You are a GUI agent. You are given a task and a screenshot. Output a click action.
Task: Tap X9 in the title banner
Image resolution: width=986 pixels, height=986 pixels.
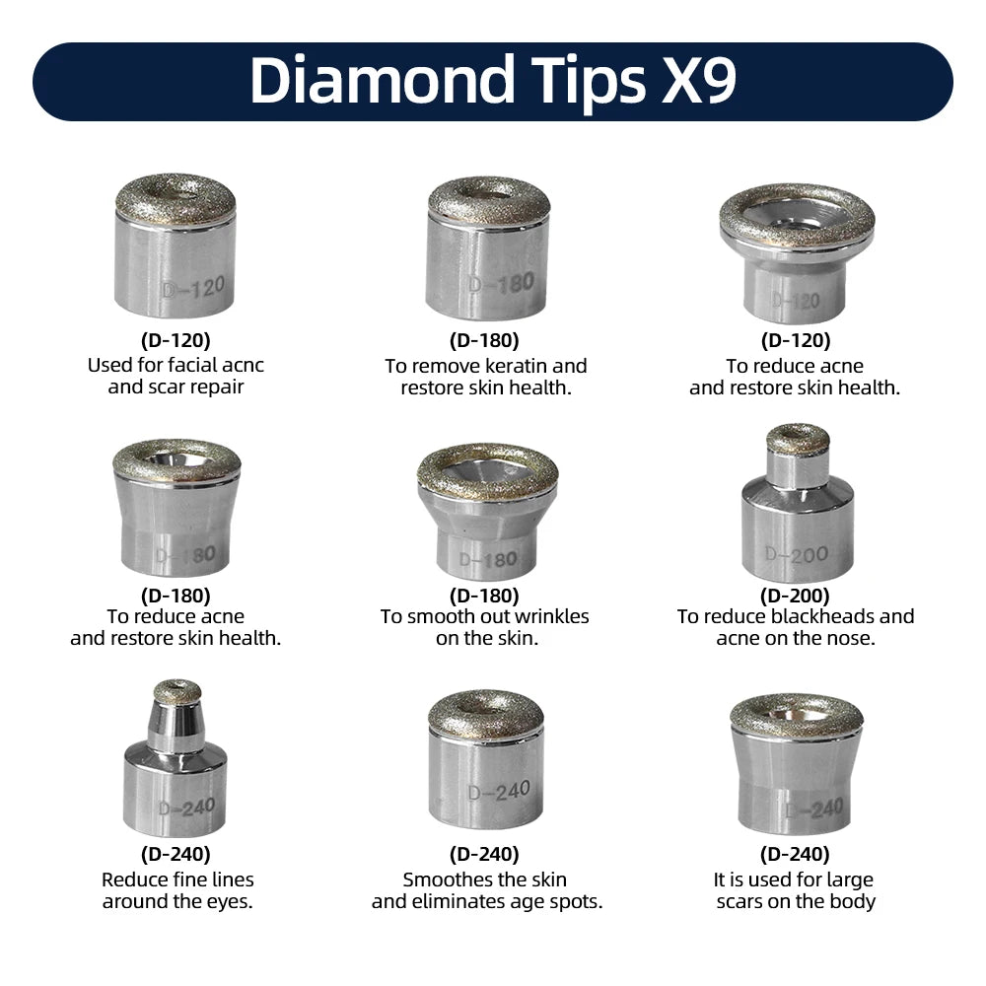pos(698,80)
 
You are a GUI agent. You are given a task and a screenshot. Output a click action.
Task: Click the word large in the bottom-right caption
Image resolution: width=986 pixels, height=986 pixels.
pos(849,880)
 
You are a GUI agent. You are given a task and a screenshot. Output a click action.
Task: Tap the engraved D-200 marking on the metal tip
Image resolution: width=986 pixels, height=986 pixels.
pos(796,554)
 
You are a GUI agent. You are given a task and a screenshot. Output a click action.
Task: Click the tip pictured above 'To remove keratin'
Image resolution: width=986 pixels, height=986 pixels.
pos(487,247)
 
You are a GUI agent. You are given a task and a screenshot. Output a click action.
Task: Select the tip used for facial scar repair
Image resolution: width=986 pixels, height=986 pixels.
pos(175,246)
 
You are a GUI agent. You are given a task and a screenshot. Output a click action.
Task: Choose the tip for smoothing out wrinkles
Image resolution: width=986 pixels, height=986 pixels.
pos(487,511)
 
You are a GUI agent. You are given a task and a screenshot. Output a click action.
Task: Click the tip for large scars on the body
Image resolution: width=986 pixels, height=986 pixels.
pos(797,763)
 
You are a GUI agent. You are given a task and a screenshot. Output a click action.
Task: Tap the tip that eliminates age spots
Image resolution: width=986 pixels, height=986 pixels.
pos(486,759)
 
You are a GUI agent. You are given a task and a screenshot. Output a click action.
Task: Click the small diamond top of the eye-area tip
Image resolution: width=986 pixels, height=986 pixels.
pos(177,691)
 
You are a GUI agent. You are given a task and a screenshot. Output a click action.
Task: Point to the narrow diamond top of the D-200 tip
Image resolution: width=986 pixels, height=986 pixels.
pos(798,439)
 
